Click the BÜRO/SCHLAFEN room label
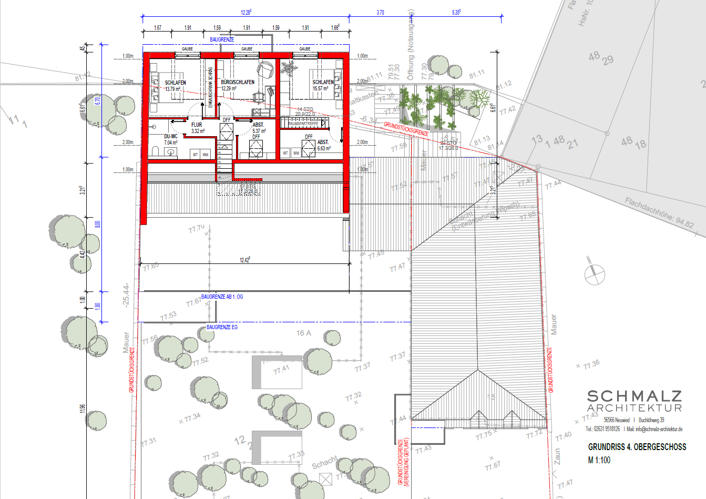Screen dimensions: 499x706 click(238, 82)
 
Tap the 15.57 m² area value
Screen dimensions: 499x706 click(321, 88)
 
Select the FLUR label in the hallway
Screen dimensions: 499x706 click(197, 125)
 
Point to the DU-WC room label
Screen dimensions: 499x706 click(170, 136)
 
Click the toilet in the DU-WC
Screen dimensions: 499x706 click(156, 151)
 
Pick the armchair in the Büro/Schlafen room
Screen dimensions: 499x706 click(266, 68)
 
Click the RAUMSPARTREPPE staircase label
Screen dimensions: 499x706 click(303, 124)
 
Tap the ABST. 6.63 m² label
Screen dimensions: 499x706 click(323, 145)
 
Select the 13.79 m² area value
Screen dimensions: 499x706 click(173, 89)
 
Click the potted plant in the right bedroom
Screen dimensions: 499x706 click(288, 68)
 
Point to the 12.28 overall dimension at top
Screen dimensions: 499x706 click(246, 12)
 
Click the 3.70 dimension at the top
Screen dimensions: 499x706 click(381, 13)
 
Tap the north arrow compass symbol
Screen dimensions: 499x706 click(595, 273)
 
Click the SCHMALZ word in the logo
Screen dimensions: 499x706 click(634, 396)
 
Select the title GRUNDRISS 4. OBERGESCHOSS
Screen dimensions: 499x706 click(637, 447)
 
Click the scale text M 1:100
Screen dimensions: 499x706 click(599, 460)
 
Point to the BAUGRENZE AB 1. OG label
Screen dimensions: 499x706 click(222, 297)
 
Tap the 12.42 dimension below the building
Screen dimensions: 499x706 click(245, 260)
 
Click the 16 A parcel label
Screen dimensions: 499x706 click(303, 333)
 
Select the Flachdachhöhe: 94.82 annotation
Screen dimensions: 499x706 click(659, 213)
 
